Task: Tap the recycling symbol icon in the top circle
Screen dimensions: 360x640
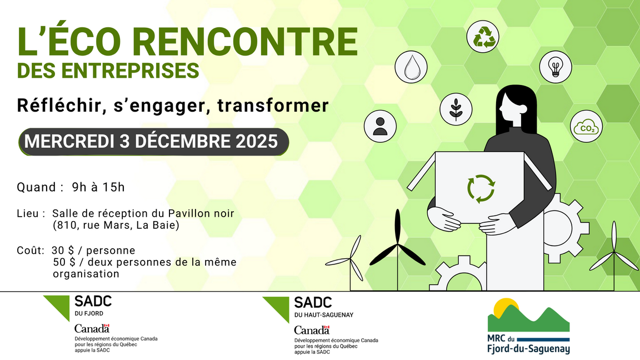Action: point(483,37)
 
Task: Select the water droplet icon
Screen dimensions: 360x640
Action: point(411,67)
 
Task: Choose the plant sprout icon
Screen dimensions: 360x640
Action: point(456,109)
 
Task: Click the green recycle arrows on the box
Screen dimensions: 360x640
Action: point(481,188)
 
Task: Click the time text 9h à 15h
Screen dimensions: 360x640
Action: point(98,187)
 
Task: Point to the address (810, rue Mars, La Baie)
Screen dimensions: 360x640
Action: point(116,226)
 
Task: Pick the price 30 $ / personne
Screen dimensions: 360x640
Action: point(94,251)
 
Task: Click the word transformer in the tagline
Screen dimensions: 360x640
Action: point(273,105)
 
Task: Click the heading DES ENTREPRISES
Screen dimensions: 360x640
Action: point(108,71)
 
